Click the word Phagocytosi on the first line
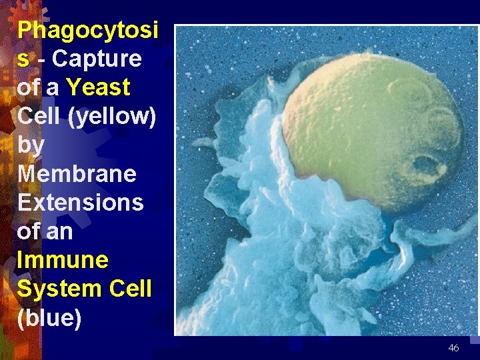pyautogui.click(x=87, y=30)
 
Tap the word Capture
pyautogui.click(x=97, y=59)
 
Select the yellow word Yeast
pyautogui.click(x=99, y=87)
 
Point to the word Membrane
pyautogui.click(x=77, y=174)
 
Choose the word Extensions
pyautogui.click(x=80, y=202)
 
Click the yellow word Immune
pyautogui.click(x=63, y=260)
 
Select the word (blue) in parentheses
pyautogui.click(x=49, y=318)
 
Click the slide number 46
pyautogui.click(x=453, y=347)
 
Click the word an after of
pyautogui.click(x=59, y=231)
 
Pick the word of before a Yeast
pyautogui.click(x=29, y=87)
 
